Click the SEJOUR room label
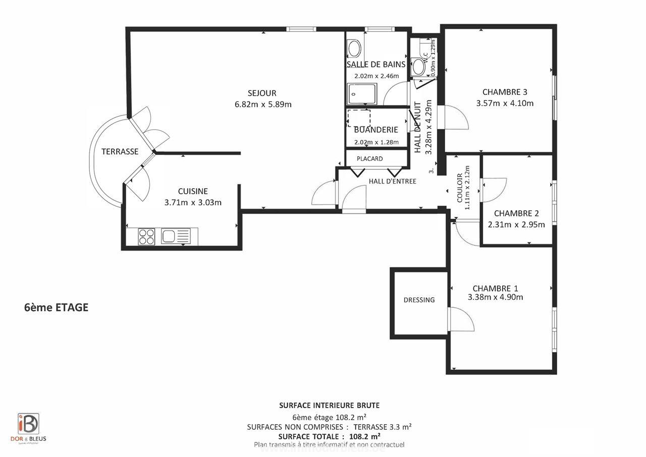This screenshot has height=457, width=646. pyautogui.click(x=262, y=93)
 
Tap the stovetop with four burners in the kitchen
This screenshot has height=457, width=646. pyautogui.click(x=146, y=237)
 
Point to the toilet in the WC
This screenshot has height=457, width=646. pyautogui.click(x=418, y=67)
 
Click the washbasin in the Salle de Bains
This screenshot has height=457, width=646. pyautogui.click(x=355, y=48)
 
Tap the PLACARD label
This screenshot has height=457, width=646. pyautogui.click(x=369, y=159)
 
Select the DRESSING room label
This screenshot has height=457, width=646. pyautogui.click(x=419, y=300)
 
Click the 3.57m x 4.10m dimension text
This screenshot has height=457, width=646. pyautogui.click(x=505, y=103)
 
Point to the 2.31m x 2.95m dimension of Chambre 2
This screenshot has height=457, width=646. pyautogui.click(x=516, y=225)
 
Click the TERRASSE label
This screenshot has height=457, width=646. pyautogui.click(x=120, y=152)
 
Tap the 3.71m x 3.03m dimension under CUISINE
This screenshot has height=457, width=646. pyautogui.click(x=193, y=203)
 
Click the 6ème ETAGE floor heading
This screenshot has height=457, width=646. pyautogui.click(x=56, y=308)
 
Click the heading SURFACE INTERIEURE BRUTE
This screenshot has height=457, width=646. pyautogui.click(x=329, y=406)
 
